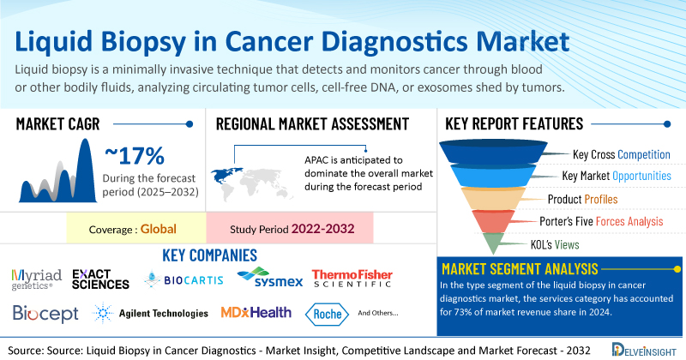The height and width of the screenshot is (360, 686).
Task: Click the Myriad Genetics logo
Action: click(36, 279)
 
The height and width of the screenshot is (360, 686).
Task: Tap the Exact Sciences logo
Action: click(100, 279)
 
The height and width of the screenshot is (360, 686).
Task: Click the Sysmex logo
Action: click(267, 278)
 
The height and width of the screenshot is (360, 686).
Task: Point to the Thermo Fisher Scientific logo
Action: click(352, 278)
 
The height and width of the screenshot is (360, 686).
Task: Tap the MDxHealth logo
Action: click(255, 313)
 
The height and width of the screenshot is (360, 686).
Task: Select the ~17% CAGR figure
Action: click(135, 156)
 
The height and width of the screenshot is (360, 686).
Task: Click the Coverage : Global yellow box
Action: click(136, 230)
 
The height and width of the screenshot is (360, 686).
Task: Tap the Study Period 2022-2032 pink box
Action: click(291, 230)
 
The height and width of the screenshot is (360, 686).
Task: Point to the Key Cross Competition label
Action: click(621, 154)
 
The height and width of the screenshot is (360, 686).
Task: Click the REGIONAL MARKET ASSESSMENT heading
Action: click(311, 124)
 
